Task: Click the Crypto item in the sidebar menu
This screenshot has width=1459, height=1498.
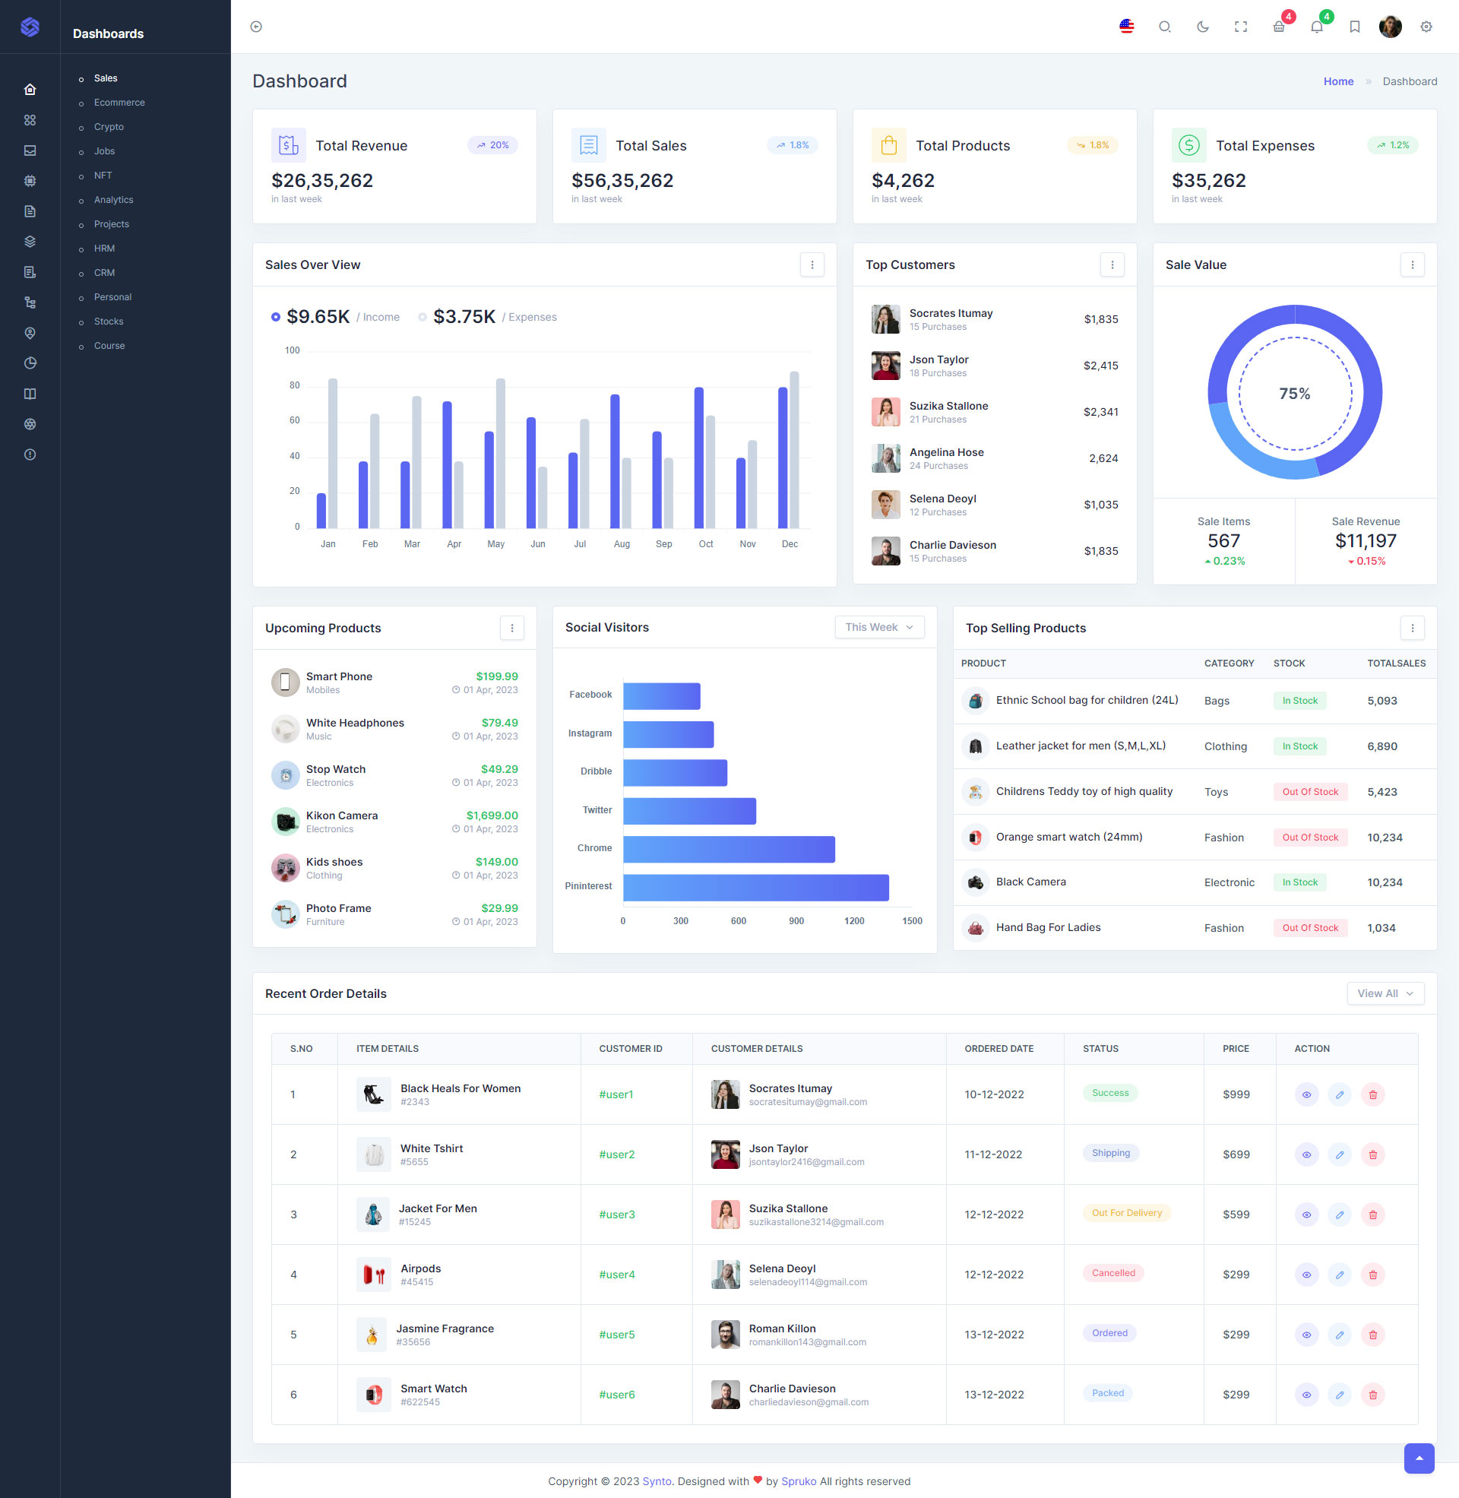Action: pos(109,127)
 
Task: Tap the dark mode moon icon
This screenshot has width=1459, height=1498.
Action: pos(1202,27)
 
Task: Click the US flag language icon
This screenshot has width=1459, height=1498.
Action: pos(1126,27)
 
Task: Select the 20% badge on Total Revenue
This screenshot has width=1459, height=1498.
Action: pos(492,146)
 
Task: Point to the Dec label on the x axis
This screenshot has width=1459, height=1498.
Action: pos(790,544)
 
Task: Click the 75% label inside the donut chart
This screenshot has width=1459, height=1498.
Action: pos(1294,394)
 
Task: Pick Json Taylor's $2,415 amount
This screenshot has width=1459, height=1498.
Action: pos(1100,366)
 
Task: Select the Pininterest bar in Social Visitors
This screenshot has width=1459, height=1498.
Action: pos(755,887)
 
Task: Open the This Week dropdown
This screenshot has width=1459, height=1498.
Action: pos(879,628)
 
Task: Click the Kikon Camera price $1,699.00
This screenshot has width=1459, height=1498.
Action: pos(492,816)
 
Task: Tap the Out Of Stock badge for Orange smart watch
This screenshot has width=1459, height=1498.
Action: pos(1309,838)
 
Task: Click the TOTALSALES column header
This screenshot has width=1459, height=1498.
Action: pos(1396,663)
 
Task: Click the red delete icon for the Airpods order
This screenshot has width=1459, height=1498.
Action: pos(1372,1275)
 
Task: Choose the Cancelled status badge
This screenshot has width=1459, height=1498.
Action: pos(1112,1274)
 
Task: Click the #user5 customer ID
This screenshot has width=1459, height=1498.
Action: pos(617,1335)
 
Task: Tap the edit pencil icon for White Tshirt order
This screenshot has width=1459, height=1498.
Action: pos(1339,1154)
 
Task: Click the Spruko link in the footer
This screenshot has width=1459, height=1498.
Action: pos(799,1481)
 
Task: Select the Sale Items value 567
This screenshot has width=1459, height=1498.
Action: pos(1223,542)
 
